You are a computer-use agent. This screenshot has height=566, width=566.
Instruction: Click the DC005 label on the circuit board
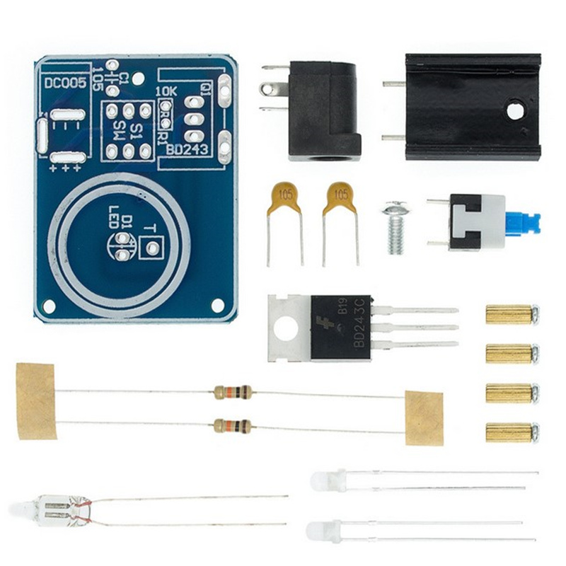point(65,83)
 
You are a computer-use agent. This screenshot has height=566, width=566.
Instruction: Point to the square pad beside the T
point(150,248)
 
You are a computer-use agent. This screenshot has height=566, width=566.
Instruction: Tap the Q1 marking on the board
point(205,89)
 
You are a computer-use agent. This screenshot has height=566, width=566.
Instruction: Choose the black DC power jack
point(322,110)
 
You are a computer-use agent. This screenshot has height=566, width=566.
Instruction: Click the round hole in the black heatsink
point(516,110)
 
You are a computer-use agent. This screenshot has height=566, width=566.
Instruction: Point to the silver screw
point(395,229)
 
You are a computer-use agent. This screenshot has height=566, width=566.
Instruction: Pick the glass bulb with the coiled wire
point(60,509)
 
